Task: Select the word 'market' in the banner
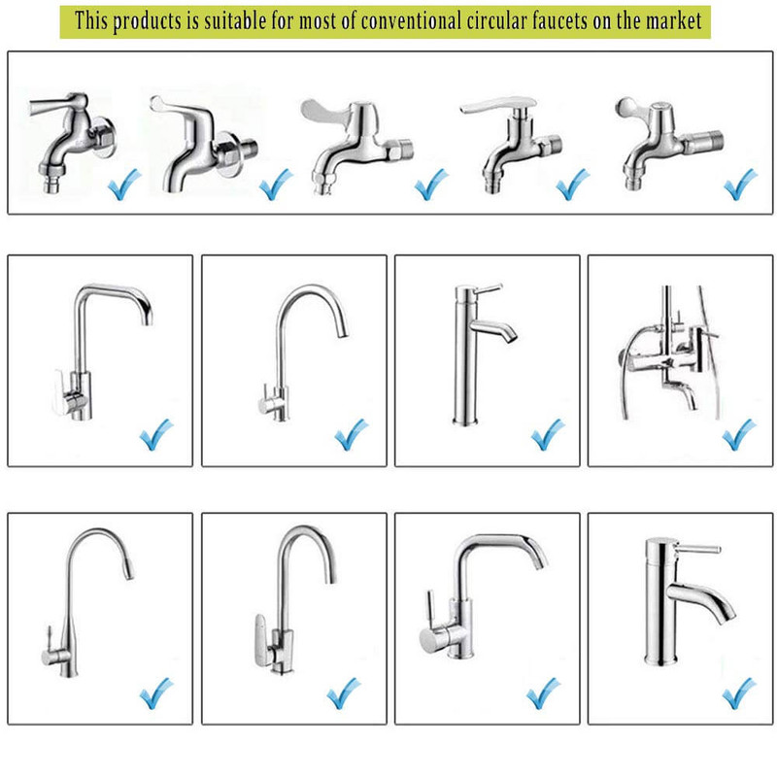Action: (x=673, y=21)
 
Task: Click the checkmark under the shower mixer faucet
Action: (x=738, y=434)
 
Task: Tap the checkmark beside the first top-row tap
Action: (x=124, y=184)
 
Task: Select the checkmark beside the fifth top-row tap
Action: (x=740, y=184)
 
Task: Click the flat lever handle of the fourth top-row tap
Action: (x=497, y=104)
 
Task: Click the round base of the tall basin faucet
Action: (x=465, y=422)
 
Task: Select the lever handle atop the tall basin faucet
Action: (x=489, y=288)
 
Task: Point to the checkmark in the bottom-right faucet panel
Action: (x=739, y=693)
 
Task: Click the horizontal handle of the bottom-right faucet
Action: (x=697, y=549)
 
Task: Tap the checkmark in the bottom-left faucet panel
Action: (x=156, y=693)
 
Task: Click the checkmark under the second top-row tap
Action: (x=276, y=184)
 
